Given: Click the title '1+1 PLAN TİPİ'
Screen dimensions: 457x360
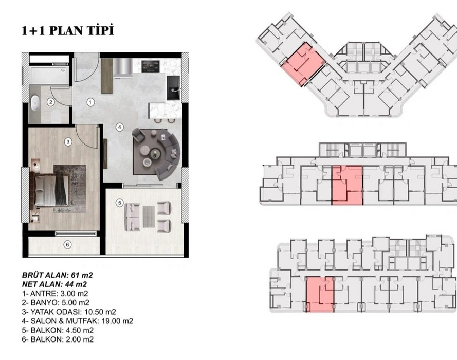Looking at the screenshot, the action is [x=68, y=31].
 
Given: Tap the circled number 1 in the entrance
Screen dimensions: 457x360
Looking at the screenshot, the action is [x=90, y=102].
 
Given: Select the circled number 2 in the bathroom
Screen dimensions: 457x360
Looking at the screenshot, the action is [x=51, y=102].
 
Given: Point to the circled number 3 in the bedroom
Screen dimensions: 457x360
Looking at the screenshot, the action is [x=68, y=142].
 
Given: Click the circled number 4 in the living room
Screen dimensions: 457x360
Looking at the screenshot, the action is [x=119, y=127].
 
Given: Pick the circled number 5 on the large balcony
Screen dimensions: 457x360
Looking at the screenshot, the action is [x=119, y=203].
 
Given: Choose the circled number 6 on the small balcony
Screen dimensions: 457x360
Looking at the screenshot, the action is [x=68, y=244].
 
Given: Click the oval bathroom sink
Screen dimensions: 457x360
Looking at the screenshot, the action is [x=35, y=103].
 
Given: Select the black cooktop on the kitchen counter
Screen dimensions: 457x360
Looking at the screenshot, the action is [x=151, y=66].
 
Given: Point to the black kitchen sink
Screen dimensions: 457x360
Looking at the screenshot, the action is [x=173, y=88].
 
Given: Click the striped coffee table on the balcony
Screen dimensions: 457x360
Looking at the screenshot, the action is [x=149, y=217].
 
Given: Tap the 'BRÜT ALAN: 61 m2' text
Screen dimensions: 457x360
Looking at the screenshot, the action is [x=58, y=275].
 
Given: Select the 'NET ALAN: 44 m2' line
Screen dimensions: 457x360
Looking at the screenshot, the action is [x=54, y=284].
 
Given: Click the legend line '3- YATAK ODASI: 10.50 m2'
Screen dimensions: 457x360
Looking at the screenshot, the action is [x=69, y=312].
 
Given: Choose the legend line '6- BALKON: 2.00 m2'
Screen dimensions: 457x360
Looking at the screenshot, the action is [x=58, y=339].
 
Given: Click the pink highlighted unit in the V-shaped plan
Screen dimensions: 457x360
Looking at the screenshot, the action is [x=303, y=64].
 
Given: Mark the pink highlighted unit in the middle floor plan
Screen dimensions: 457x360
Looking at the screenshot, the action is [x=348, y=185].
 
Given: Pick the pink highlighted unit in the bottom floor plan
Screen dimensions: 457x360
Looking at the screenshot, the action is [x=320, y=294].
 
